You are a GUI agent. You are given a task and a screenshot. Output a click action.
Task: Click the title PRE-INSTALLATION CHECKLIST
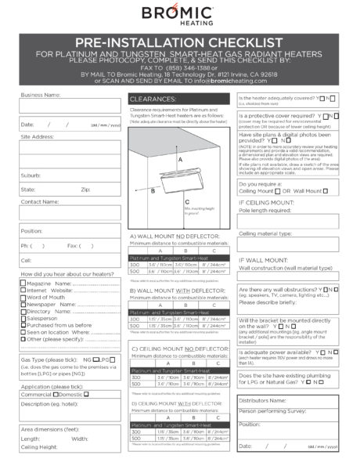point(179,41)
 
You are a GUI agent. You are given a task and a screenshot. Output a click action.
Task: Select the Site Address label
point(38,136)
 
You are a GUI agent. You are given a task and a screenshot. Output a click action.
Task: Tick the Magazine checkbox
point(23,283)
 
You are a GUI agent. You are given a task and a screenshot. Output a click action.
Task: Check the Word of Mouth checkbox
point(23,297)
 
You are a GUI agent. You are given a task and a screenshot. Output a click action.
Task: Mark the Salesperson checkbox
point(23,318)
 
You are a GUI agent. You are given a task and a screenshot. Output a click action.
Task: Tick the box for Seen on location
point(23,332)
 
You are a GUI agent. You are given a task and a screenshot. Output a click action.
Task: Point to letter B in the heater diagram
point(153,190)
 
